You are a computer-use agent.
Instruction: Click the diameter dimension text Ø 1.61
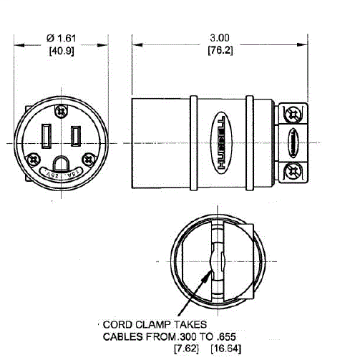pos(59,37)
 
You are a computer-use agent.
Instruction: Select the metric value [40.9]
pos(59,50)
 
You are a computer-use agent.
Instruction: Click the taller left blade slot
pos(47,135)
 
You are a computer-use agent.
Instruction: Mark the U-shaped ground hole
pos(62,163)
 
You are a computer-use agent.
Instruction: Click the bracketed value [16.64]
pos(226,349)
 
